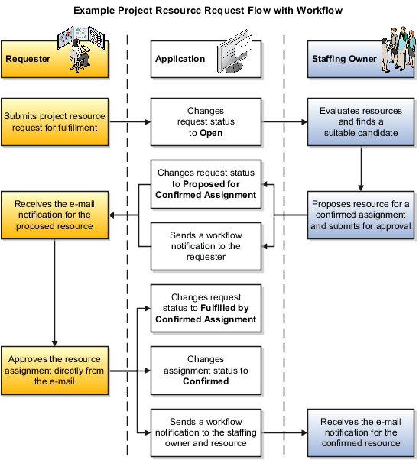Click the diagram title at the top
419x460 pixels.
point(208,10)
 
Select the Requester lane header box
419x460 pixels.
point(54,59)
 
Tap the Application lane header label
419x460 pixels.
point(180,59)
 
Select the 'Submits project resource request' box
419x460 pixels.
point(54,121)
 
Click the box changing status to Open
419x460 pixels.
point(206,121)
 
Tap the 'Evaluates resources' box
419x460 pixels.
point(359,121)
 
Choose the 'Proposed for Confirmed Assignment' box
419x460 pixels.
point(206,183)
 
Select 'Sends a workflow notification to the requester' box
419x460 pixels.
point(206,246)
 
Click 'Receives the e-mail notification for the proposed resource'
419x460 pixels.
point(54,215)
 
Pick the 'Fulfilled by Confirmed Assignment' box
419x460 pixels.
point(206,308)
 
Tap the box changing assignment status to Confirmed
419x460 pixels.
point(206,370)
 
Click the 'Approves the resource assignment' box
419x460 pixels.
point(54,370)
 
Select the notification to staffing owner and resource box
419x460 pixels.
point(206,432)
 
